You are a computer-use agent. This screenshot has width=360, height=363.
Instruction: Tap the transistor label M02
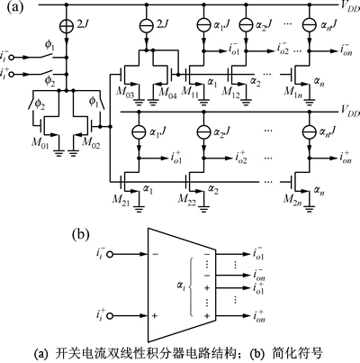click(91, 141)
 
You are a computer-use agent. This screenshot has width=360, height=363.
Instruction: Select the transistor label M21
click(121, 200)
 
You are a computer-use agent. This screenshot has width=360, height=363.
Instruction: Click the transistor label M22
click(186, 200)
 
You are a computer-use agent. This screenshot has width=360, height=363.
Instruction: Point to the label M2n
click(293, 200)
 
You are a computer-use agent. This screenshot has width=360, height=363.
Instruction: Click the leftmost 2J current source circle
click(67, 25)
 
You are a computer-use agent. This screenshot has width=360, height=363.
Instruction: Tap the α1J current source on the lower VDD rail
click(139, 132)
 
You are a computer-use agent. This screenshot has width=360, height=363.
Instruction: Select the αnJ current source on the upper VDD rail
click(310, 25)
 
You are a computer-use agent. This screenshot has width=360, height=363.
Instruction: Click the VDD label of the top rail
click(350, 8)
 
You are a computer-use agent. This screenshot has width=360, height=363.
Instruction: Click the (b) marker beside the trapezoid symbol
click(81, 235)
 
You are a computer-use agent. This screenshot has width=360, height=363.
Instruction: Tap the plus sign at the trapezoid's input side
click(155, 316)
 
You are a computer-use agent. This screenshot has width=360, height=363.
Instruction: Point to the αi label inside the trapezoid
click(181, 287)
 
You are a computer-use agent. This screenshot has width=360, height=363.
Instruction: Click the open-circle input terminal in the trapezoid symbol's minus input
click(110, 255)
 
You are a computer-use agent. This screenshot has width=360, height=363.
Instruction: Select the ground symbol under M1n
click(310, 102)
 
